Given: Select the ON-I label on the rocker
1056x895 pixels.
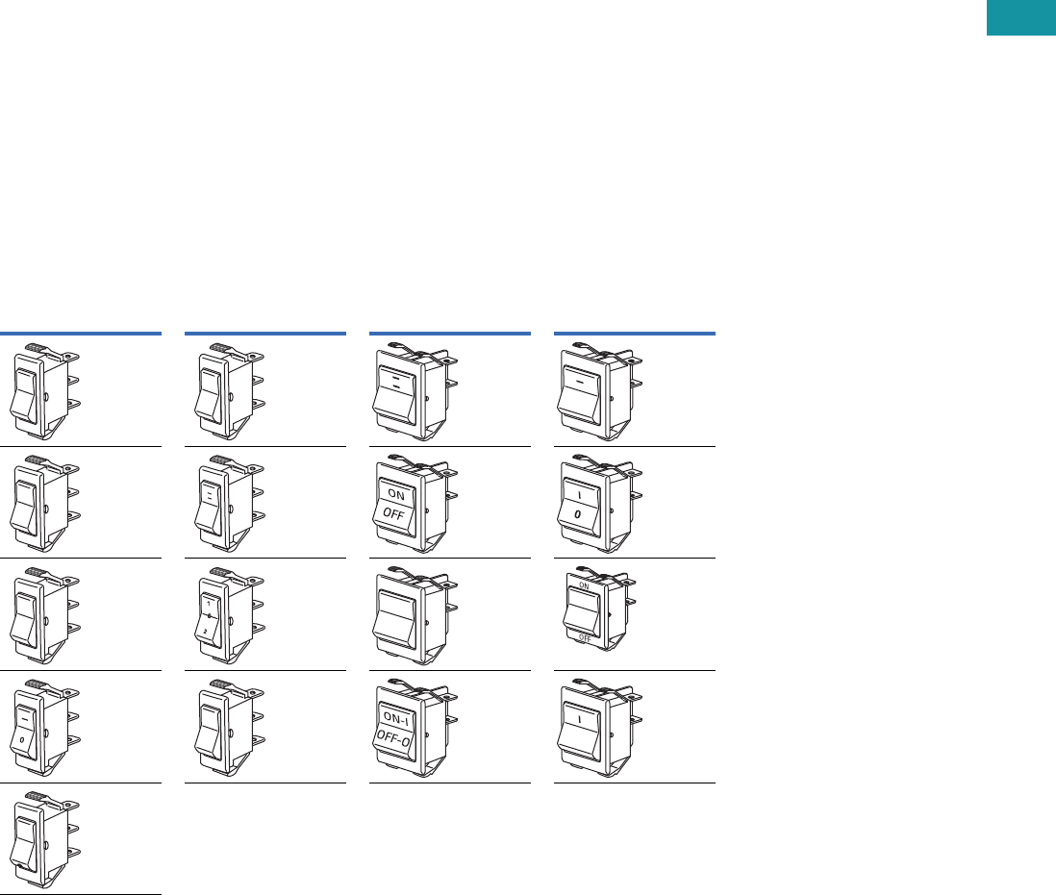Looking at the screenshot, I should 395,718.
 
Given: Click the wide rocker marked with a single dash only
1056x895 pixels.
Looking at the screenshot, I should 580,390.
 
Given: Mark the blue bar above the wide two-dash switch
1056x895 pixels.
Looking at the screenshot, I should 450,333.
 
